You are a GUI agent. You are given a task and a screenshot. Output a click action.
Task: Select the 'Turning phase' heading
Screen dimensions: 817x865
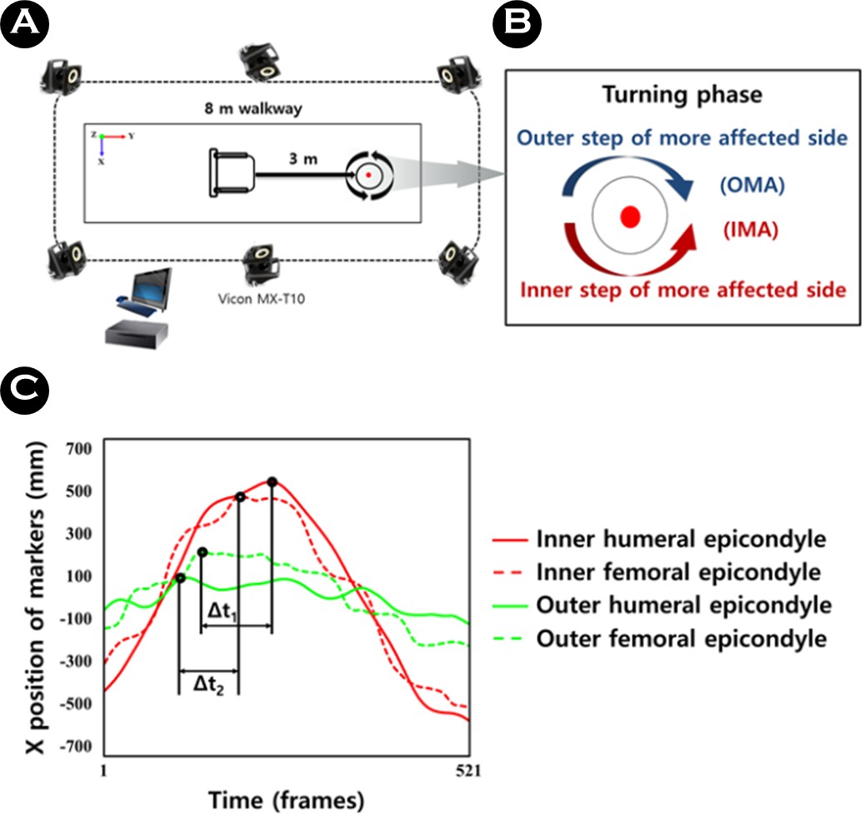click(680, 94)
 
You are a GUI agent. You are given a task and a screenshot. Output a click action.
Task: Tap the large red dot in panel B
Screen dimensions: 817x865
click(631, 217)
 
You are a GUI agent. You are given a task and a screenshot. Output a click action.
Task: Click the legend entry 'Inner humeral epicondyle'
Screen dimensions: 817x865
click(682, 540)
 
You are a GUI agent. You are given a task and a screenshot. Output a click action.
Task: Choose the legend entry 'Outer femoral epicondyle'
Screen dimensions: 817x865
click(682, 639)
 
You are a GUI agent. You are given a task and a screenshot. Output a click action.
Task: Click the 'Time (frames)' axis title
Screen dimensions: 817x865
click(286, 800)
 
